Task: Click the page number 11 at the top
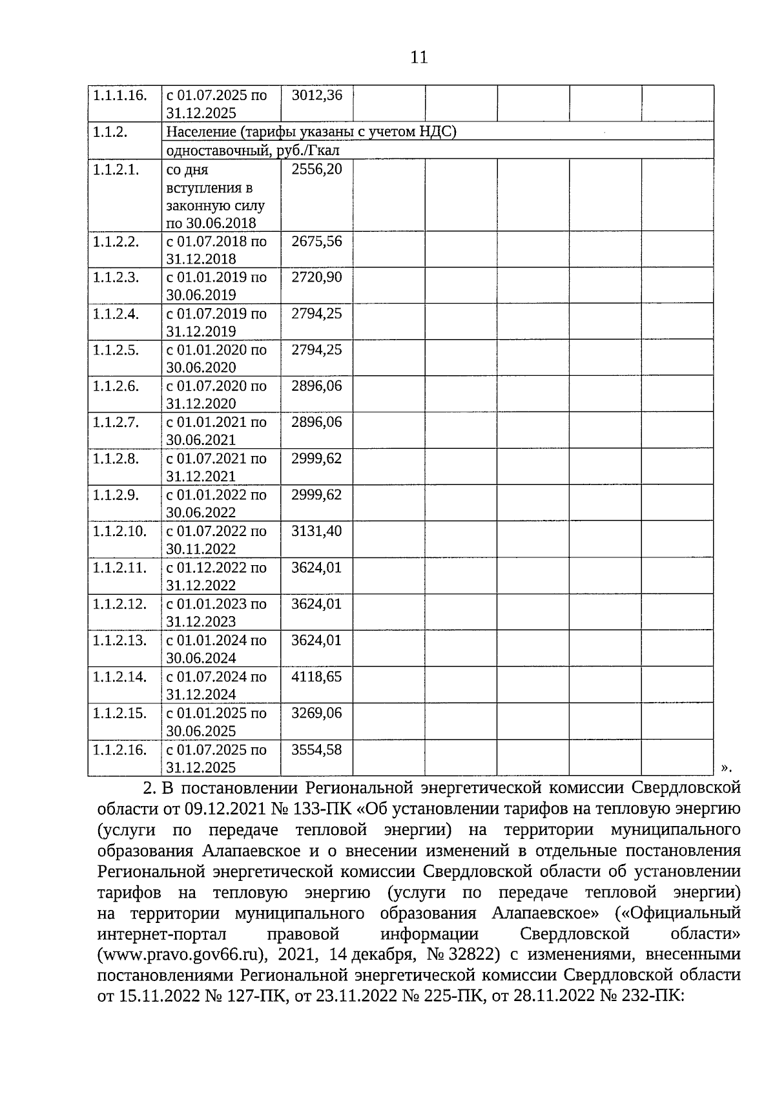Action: (418, 57)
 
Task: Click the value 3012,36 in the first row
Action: (317, 96)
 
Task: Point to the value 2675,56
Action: (317, 242)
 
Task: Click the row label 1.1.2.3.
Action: (116, 278)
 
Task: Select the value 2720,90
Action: (317, 278)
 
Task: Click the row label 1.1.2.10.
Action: (119, 532)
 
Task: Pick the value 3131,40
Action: (317, 532)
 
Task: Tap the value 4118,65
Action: (317, 677)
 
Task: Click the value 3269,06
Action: (317, 714)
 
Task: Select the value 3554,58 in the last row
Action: (317, 750)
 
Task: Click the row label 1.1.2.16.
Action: (119, 750)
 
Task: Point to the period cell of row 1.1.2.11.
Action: (217, 576)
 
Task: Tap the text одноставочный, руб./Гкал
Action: (253, 150)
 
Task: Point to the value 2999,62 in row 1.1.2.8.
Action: (317, 459)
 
